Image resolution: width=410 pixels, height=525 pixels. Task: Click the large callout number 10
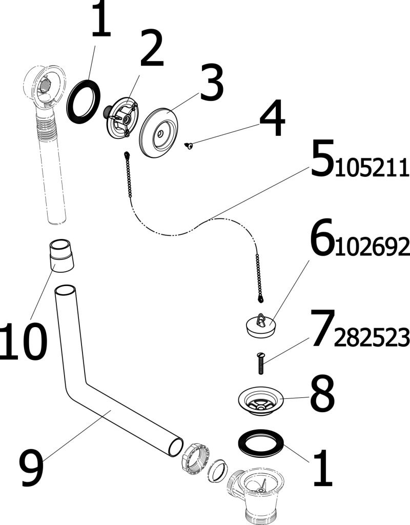[x=23, y=341]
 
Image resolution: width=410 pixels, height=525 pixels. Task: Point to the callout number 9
[x=32, y=468]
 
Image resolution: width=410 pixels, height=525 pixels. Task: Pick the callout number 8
[x=322, y=393]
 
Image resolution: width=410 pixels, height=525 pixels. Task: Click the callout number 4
[x=272, y=117]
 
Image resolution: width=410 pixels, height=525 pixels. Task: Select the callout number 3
[x=212, y=82]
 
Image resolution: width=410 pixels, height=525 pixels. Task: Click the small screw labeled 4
[x=189, y=146]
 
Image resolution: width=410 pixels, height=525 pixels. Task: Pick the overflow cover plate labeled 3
[x=159, y=132]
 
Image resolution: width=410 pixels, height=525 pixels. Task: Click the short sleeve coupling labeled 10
[x=61, y=255]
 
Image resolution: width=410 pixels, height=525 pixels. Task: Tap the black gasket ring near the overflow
[x=84, y=102]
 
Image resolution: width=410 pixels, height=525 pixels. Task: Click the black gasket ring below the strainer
[x=261, y=443]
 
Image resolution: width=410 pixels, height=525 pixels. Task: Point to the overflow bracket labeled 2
[x=121, y=117]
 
